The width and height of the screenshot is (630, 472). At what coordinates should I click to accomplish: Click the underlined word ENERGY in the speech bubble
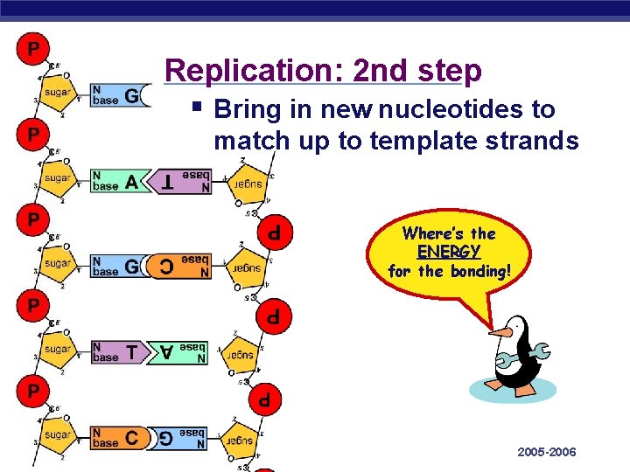449,252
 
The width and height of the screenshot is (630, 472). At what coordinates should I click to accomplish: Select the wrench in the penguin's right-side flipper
536,351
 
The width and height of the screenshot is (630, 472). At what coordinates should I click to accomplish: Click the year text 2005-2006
547,452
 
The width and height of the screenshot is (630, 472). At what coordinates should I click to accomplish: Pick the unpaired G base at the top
132,96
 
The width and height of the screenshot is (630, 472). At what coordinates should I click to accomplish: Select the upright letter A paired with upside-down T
131,182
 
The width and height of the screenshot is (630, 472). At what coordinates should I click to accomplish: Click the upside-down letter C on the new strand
165,267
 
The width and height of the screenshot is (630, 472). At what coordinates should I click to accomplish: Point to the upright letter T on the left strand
131,352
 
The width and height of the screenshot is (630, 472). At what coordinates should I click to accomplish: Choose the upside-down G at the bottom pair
165,438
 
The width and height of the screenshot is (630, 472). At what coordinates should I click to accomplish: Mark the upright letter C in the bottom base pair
131,438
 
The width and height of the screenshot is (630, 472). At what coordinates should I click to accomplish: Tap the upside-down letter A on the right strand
165,352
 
